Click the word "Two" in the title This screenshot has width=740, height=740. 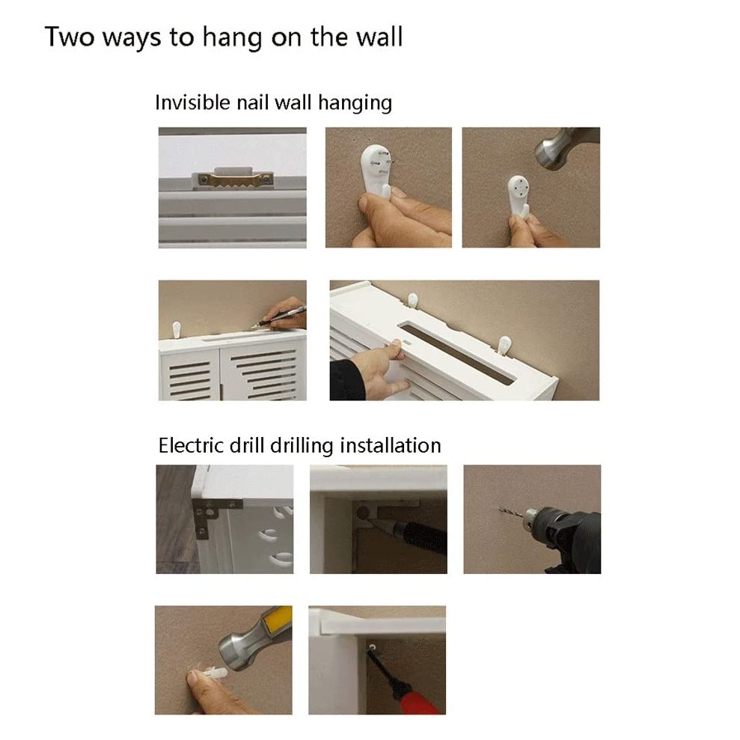tap(70, 37)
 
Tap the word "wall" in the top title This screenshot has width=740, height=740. tap(379, 37)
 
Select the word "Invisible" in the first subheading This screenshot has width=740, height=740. tap(192, 103)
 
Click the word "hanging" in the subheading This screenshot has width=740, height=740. tap(355, 103)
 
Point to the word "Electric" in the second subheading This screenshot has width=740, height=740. tap(191, 445)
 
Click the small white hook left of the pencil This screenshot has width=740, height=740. tap(177, 329)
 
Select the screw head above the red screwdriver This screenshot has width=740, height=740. tap(373, 647)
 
